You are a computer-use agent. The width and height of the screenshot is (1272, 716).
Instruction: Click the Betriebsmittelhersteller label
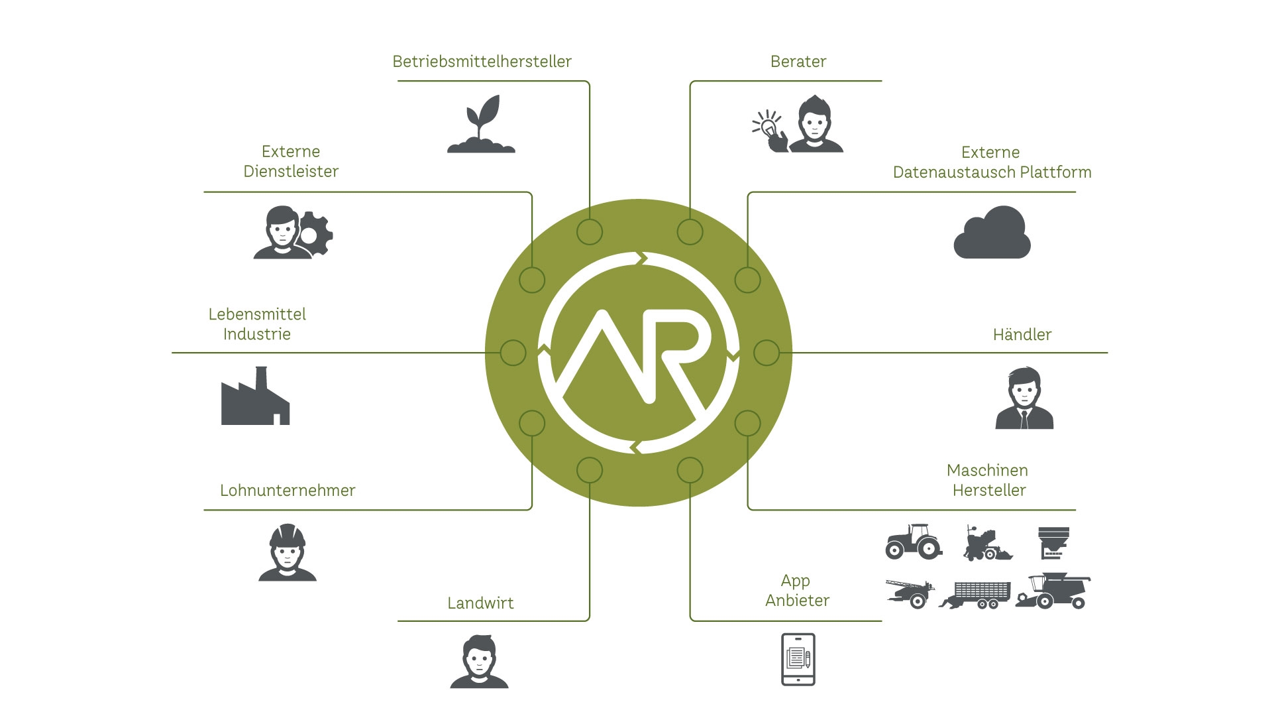[482, 62]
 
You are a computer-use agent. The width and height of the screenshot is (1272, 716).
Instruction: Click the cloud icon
[992, 233]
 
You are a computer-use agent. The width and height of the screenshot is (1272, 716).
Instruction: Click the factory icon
[255, 398]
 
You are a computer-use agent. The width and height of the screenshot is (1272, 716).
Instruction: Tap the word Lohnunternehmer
[288, 491]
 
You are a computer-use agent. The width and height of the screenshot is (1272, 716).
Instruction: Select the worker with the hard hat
[287, 553]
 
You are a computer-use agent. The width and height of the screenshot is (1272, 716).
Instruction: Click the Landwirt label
[480, 603]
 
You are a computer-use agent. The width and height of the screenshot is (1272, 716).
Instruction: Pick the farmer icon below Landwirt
[479, 662]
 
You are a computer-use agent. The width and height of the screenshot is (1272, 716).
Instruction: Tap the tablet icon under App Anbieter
[798, 660]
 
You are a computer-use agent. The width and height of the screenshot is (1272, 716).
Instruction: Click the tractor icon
[914, 541]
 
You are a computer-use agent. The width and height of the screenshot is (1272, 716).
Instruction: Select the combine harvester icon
[1053, 591]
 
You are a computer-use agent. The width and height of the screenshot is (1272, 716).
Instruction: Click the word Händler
[1022, 335]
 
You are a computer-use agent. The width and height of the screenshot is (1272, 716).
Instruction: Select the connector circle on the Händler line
[767, 353]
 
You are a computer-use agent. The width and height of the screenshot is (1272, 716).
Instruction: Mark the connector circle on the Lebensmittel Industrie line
[513, 353]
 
